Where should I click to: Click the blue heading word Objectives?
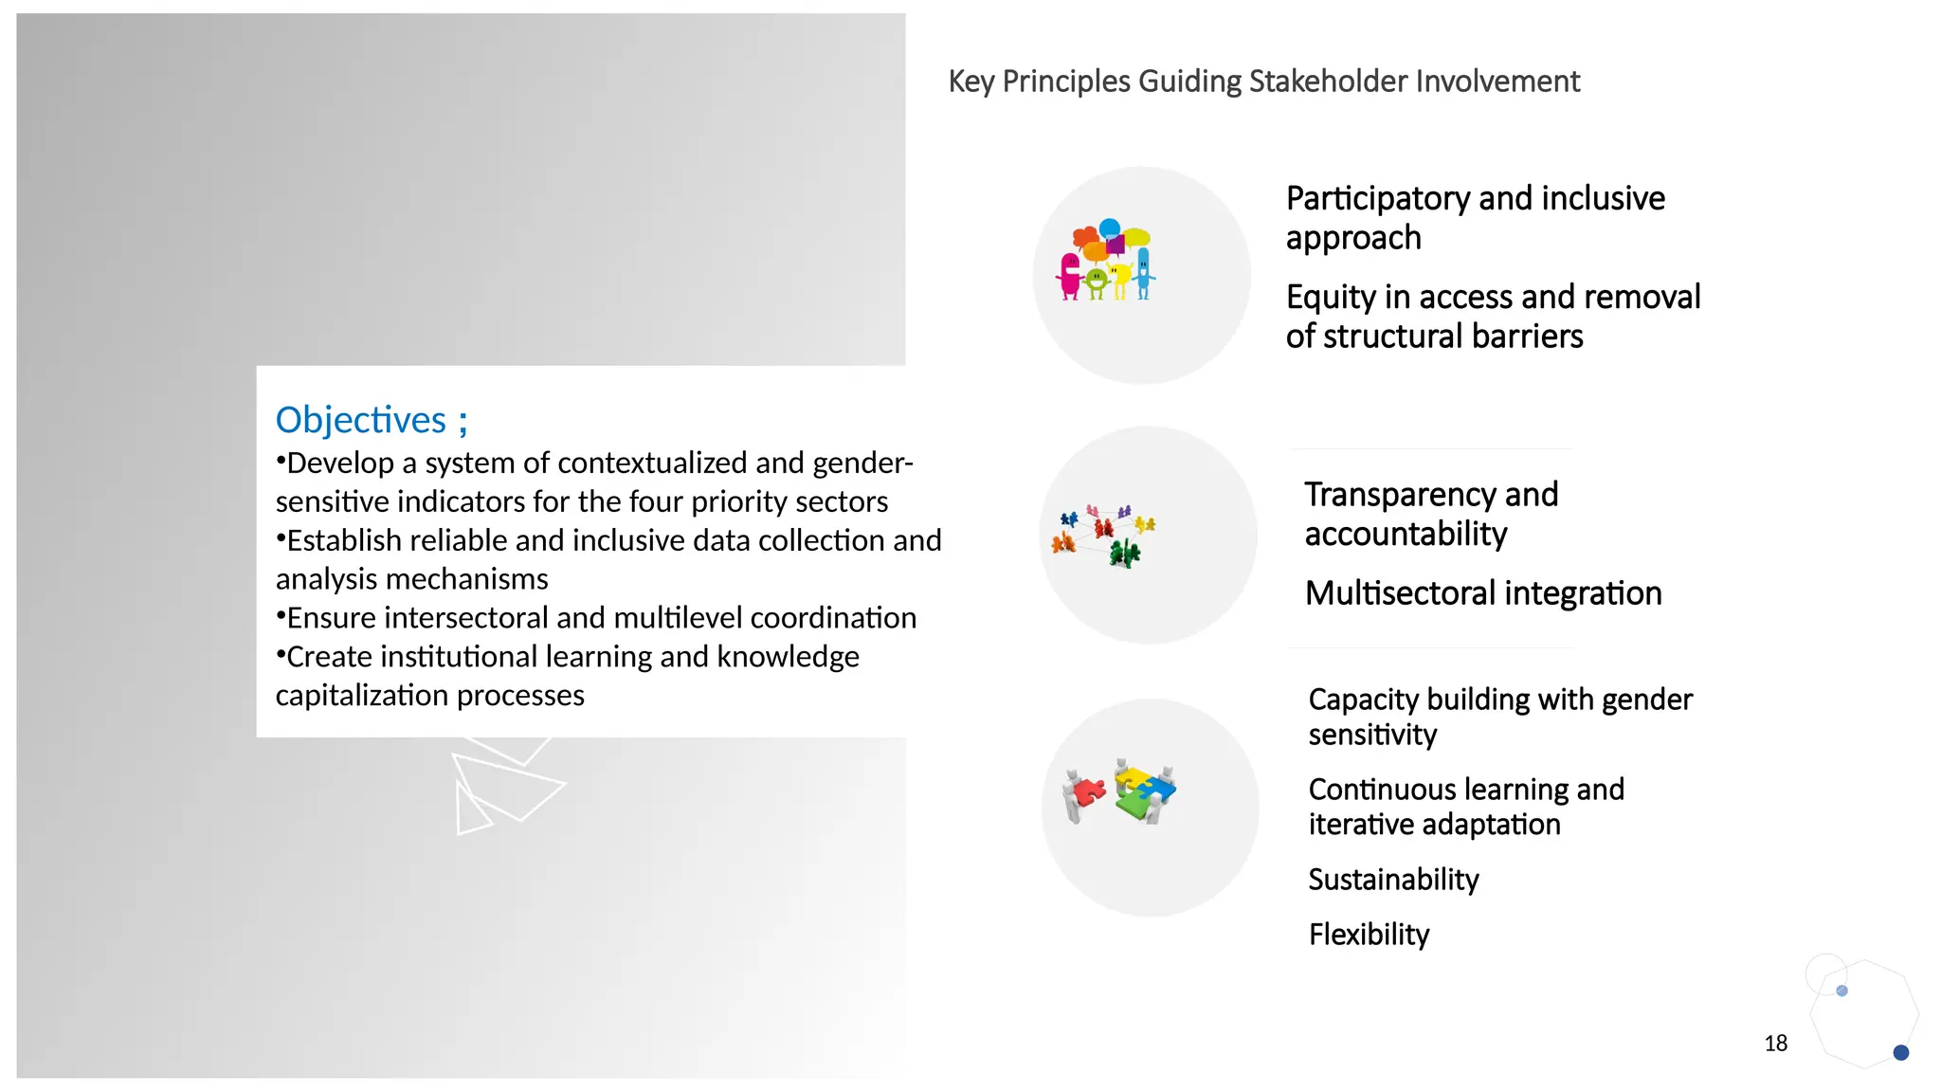point(360,420)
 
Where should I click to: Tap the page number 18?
point(1775,1043)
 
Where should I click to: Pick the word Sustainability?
point(1393,880)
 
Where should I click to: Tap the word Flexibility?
point(1369,935)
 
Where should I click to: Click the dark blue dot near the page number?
point(1900,1052)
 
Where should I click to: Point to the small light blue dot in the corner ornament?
point(1841,991)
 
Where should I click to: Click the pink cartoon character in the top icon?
point(1070,276)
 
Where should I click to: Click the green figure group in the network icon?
point(1125,553)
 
